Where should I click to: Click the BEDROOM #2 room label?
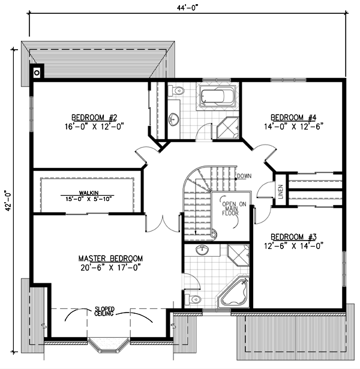click(x=89, y=117)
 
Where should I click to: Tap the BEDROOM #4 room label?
click(x=291, y=117)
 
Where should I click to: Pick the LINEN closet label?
click(x=280, y=190)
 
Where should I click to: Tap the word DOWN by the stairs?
click(x=244, y=176)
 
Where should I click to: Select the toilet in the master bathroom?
click(x=192, y=298)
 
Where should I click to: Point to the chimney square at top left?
click(x=37, y=71)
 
